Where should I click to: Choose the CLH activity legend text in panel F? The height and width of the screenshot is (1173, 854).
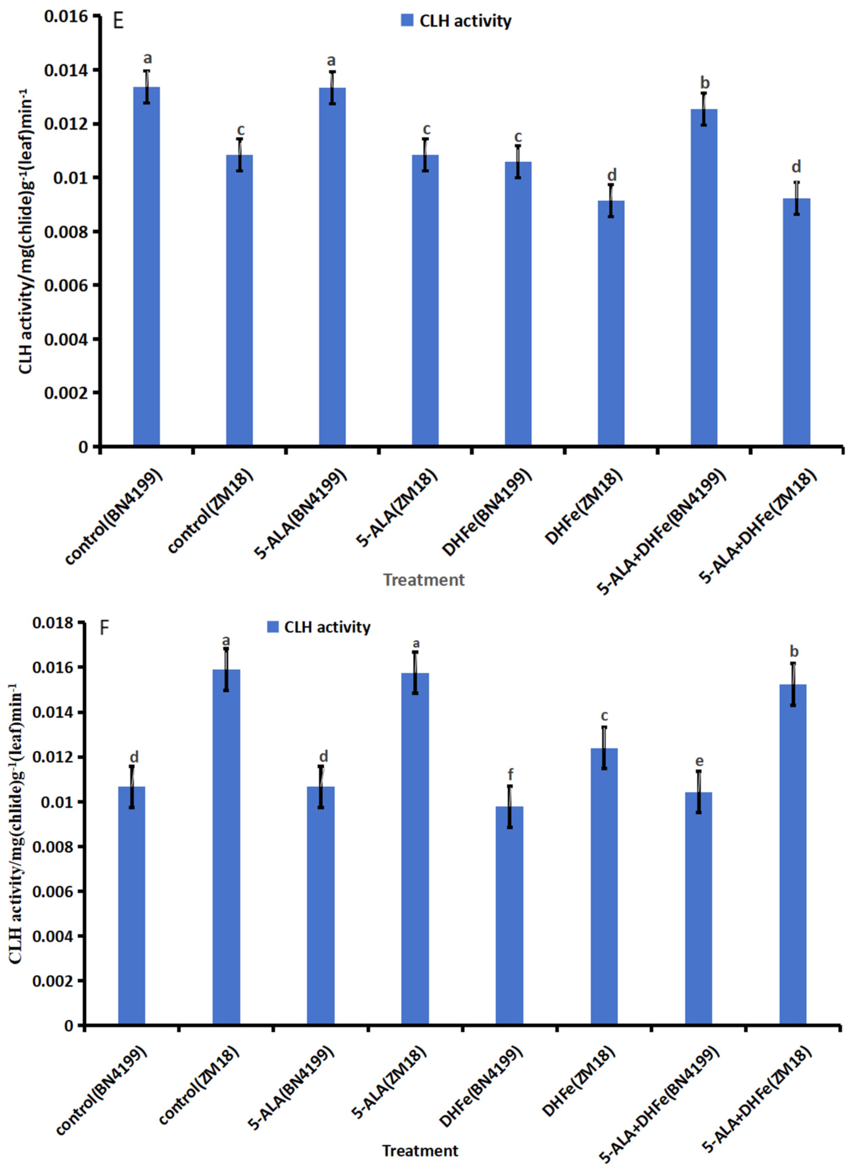327,627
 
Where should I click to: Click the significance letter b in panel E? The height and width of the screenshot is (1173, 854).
705,83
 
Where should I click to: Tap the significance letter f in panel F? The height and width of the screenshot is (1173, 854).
510,775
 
